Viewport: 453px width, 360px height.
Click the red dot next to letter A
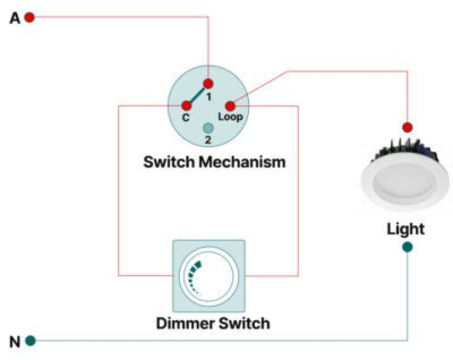tap(29, 17)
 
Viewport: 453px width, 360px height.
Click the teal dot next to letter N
tap(30, 341)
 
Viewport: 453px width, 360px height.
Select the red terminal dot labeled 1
tap(208, 83)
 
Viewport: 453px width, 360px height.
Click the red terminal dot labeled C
tap(187, 106)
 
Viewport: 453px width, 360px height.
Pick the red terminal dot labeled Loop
tap(230, 106)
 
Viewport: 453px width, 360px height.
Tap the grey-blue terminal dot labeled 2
tap(208, 128)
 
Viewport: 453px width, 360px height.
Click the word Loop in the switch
tap(230, 118)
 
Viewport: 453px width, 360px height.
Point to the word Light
tap(405, 228)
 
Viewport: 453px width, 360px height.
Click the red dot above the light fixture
tap(408, 127)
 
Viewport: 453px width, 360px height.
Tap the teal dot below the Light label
tap(408, 247)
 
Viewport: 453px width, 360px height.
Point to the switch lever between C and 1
tap(198, 94)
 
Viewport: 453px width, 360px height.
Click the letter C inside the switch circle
tap(186, 118)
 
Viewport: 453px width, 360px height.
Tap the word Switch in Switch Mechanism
tap(169, 162)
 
